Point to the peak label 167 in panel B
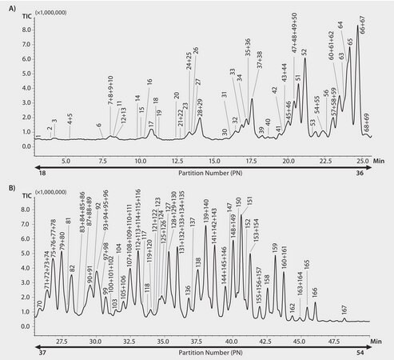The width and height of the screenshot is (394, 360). (344, 310)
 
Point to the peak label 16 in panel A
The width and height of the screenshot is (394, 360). (149, 82)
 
